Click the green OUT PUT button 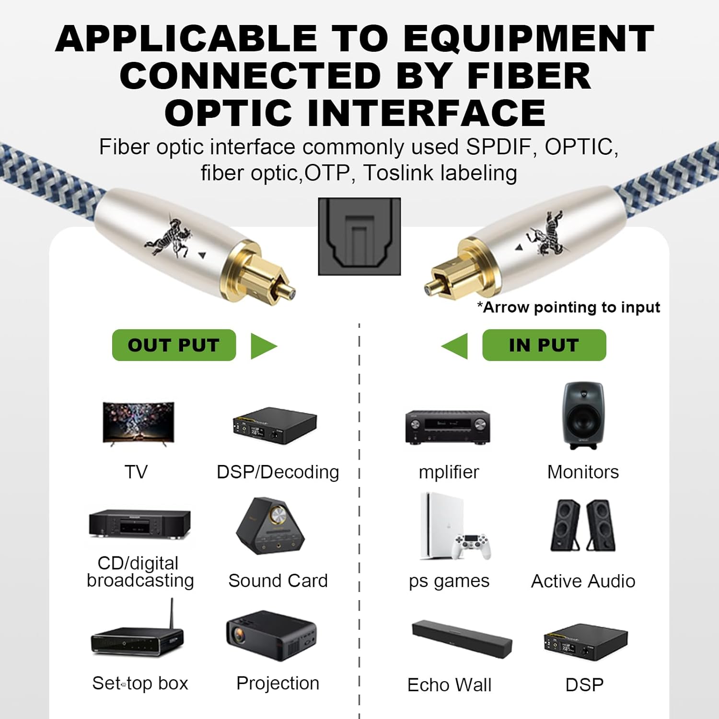(174, 345)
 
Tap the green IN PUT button (544, 345)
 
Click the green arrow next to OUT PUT (263, 346)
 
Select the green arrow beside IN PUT (456, 346)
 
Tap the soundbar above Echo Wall (462, 639)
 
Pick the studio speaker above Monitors (583, 416)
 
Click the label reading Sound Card (278, 581)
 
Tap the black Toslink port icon (359, 237)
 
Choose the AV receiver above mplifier (448, 427)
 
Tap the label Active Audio (583, 581)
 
